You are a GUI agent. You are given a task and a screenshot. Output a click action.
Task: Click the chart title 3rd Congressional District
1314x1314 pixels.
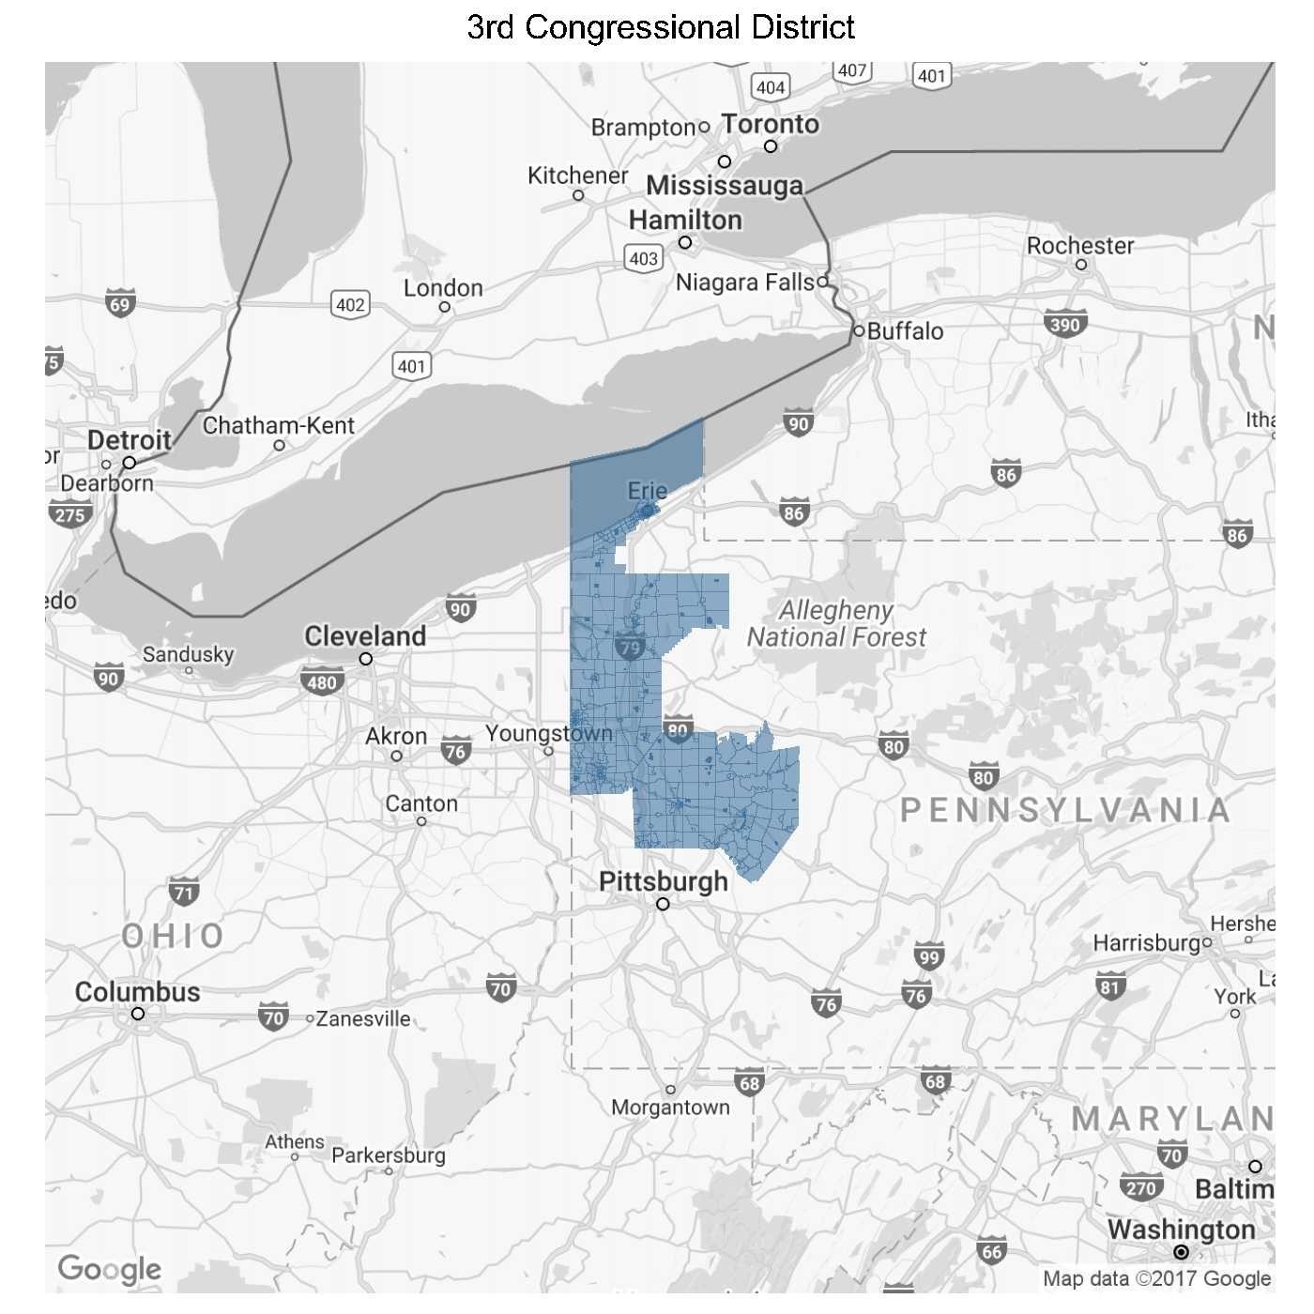[x=660, y=27]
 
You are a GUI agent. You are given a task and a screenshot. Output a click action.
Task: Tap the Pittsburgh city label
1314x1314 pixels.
[x=663, y=881]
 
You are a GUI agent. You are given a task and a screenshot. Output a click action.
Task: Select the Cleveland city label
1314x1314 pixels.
[x=365, y=635]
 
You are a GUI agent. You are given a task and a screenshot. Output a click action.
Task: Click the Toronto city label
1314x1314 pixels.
[x=770, y=124]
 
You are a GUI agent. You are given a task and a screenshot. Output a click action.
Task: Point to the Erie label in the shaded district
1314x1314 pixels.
[x=647, y=490]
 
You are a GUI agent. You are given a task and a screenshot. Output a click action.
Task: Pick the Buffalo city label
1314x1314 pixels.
[x=905, y=331]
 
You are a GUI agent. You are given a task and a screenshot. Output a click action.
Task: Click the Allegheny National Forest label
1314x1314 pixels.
[x=835, y=624]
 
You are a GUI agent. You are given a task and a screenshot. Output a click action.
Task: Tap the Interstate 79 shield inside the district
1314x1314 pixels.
[x=630, y=647]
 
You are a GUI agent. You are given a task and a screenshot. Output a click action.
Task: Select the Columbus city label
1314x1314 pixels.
[x=137, y=992]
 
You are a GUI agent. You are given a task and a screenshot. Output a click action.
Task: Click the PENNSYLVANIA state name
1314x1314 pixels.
[x=1065, y=810]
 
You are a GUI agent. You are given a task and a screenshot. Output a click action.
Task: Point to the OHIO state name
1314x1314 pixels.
[x=174, y=935]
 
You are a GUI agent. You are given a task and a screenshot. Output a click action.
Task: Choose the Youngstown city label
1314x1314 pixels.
[x=548, y=733]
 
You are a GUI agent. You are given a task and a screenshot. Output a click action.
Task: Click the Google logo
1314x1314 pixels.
[x=109, y=1269]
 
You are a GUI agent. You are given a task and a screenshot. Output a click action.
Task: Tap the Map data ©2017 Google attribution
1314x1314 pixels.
[x=1156, y=1278]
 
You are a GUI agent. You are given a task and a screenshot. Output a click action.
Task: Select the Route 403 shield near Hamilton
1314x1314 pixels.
[x=644, y=258]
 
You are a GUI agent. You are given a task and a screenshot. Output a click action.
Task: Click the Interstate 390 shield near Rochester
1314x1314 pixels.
[x=1065, y=324]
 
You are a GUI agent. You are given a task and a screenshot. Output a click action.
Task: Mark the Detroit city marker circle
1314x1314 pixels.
[x=130, y=463]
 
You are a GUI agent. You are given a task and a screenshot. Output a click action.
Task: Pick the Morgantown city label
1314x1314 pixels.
[x=670, y=1108]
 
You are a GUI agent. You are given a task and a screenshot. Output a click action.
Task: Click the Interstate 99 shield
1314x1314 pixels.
[x=928, y=956]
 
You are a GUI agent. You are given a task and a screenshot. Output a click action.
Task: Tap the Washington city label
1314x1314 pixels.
[x=1180, y=1229]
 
